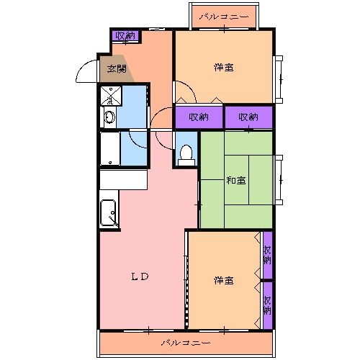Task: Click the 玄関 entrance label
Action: click(x=117, y=69)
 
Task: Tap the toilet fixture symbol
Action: click(x=186, y=153)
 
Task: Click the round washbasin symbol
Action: click(x=109, y=117)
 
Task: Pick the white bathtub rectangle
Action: click(x=109, y=150)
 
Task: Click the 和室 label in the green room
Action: click(x=237, y=180)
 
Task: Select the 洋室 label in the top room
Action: click(x=223, y=68)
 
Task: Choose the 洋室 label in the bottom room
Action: click(x=223, y=279)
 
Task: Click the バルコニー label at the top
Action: click(x=223, y=15)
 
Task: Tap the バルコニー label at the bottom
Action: click(x=186, y=342)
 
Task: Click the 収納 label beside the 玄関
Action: click(x=125, y=35)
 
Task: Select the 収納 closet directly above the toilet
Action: click(x=199, y=117)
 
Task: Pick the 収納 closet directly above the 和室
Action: click(x=248, y=117)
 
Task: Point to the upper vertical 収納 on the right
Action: click(x=268, y=255)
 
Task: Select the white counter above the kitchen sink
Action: click(x=123, y=179)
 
